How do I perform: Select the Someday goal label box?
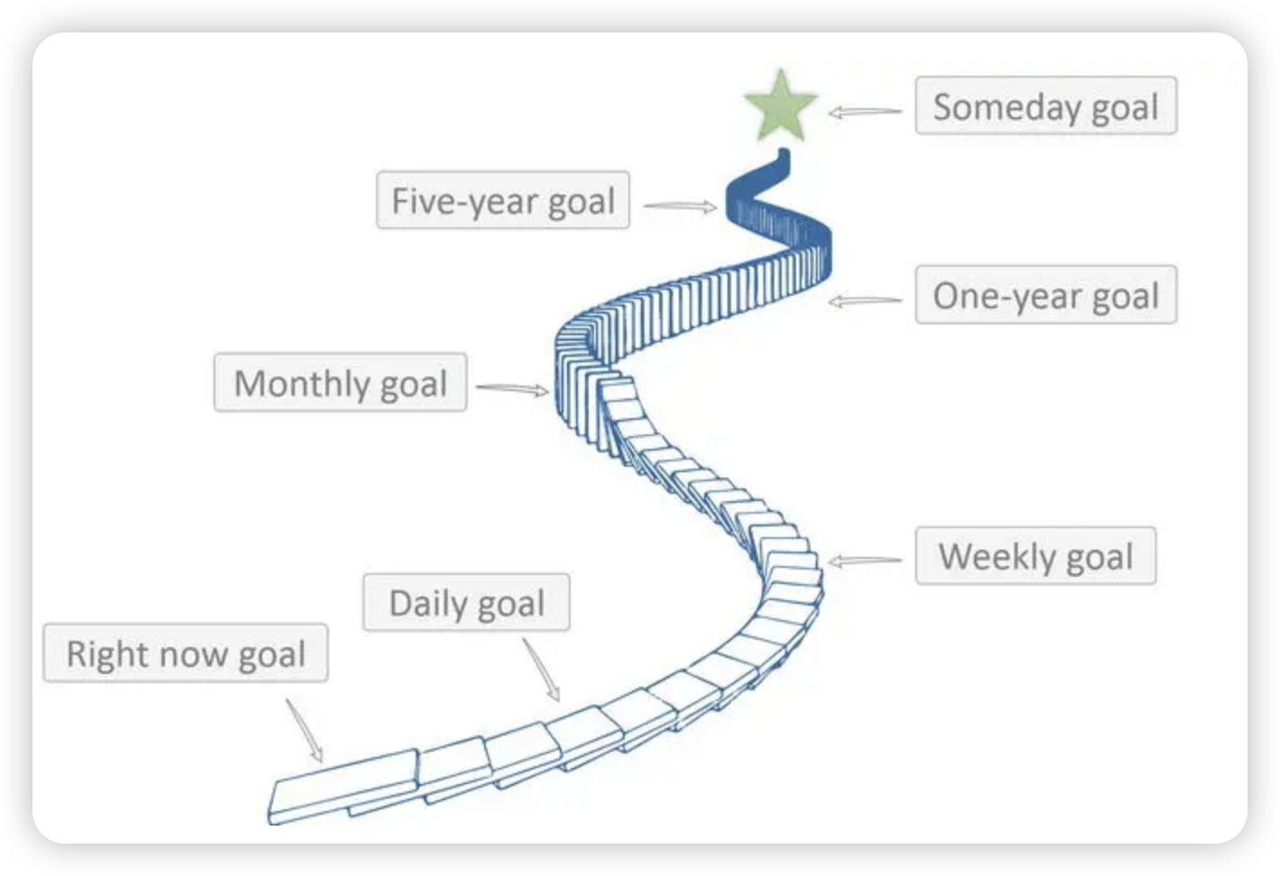1046,106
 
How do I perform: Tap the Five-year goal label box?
503,200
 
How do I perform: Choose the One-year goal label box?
1046,295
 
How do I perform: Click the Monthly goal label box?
340,383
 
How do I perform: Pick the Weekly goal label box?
1035,556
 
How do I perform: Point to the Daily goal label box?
466,603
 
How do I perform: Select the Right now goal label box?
186,653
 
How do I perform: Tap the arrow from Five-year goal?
680,206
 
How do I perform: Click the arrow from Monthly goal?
512,389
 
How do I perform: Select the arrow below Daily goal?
542,670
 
